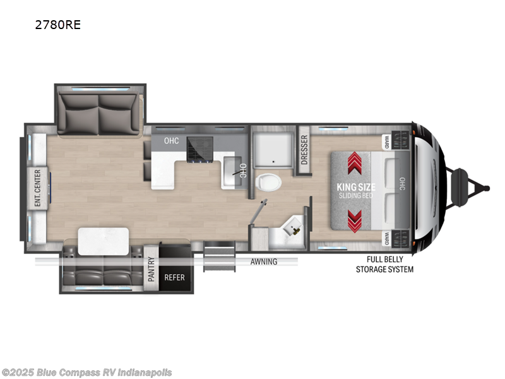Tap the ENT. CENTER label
click(38, 188)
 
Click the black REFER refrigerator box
click(174, 277)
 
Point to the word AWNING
click(263, 261)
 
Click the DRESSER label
click(304, 150)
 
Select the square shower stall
click(273, 150)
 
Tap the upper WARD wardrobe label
click(386, 141)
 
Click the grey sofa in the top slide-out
click(99, 112)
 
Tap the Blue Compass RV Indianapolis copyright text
click(86, 373)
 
